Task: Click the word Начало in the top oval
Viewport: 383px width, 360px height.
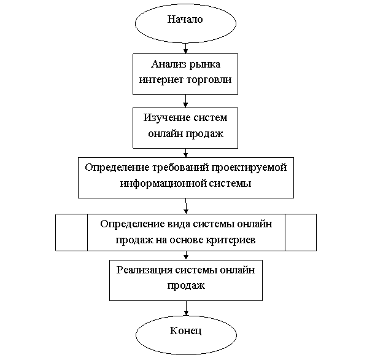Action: [x=185, y=19]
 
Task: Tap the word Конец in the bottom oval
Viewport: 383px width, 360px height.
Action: [x=185, y=331]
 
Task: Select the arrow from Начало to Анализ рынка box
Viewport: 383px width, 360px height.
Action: [x=185, y=49]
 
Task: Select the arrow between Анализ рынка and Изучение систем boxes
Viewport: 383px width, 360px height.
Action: [x=185, y=101]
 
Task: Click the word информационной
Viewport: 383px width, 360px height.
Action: [x=160, y=183]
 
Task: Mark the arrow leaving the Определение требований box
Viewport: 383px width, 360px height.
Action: [x=186, y=206]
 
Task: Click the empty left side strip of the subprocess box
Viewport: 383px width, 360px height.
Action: [x=72, y=232]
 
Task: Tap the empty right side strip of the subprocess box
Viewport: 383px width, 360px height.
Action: [x=301, y=232]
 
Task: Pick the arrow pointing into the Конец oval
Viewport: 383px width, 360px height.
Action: [x=186, y=308]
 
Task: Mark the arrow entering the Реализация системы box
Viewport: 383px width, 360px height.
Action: [x=186, y=256]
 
